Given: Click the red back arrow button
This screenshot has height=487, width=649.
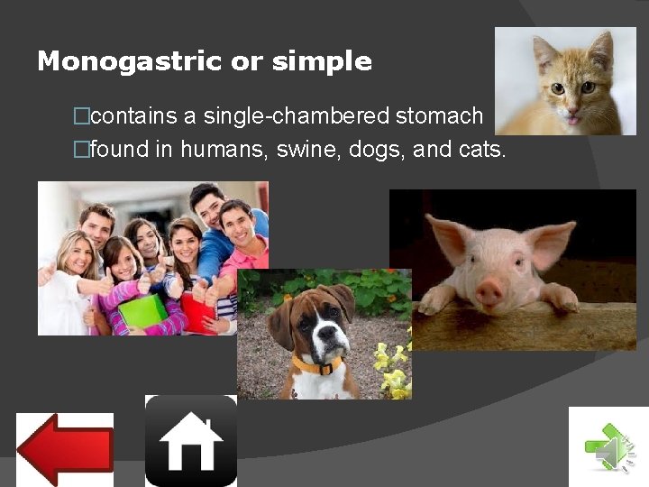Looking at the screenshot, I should tap(65, 449).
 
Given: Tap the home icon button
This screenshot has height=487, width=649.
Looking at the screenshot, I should tap(190, 441).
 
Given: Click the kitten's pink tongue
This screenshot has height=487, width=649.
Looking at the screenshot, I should tap(571, 118).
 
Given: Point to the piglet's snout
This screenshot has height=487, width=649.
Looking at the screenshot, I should tap(490, 290).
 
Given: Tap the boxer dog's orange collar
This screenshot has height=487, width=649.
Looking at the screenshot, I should tap(317, 365).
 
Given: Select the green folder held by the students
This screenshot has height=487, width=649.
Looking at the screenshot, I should tap(142, 312).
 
